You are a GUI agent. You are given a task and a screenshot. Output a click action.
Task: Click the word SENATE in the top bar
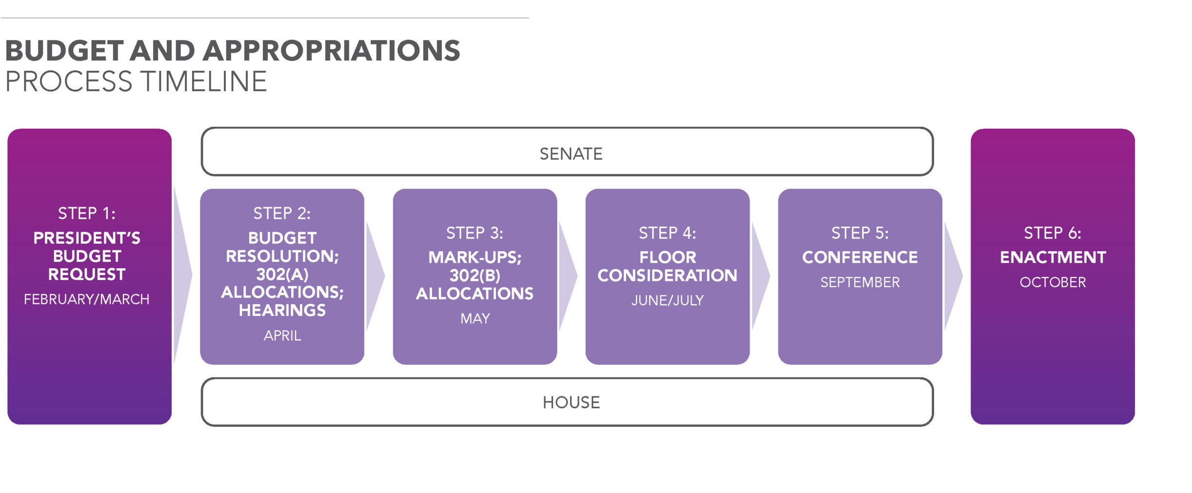coord(571,154)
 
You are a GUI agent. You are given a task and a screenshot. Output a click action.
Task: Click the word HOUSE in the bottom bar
coord(571,402)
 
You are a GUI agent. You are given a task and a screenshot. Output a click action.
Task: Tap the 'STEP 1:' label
coord(87,213)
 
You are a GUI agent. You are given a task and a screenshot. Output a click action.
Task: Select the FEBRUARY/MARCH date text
coord(87,299)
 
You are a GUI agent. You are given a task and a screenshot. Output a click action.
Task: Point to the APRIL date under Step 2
coord(282,335)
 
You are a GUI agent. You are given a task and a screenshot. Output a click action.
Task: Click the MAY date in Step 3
coord(475,318)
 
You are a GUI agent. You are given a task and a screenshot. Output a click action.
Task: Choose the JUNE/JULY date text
coord(668,300)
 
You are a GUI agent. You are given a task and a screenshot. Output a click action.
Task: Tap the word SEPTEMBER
coord(860,282)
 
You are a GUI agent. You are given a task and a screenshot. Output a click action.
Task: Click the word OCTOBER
coord(1053,282)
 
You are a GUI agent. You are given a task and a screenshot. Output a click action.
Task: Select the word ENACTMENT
coord(1053,257)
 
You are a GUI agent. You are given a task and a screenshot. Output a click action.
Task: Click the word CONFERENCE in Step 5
coord(860,257)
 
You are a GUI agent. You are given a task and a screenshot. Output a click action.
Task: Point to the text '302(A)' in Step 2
coord(282,274)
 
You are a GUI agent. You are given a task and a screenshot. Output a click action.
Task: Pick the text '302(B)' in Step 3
coord(475,276)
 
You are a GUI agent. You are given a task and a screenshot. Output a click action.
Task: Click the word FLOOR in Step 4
coord(668,257)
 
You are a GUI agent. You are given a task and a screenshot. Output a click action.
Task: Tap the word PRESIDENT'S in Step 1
coord(87,237)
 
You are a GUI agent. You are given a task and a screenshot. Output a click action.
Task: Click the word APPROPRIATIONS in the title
coord(331,51)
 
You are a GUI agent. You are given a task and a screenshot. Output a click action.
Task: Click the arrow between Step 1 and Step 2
coord(182,275)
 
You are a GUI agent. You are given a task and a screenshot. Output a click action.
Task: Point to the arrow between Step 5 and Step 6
coord(953,276)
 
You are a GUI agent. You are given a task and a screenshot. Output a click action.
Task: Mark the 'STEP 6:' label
coord(1053,233)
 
